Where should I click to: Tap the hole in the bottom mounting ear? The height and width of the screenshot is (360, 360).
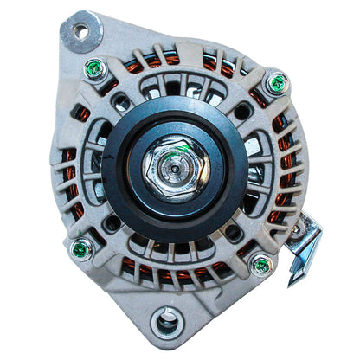tap(166, 325)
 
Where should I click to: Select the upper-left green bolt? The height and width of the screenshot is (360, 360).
tap(95, 69)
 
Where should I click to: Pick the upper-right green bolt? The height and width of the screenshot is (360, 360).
tap(277, 83)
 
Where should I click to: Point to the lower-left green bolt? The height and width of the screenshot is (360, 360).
tap(80, 249)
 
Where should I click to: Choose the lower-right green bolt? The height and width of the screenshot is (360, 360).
tap(260, 266)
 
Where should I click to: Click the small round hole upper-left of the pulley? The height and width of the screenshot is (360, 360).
tap(122, 101)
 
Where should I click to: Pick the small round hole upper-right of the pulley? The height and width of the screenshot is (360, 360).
tap(238, 111)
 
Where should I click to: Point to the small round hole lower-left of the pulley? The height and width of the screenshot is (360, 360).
tap(112, 222)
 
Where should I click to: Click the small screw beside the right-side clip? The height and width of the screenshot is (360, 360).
tap(297, 230)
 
